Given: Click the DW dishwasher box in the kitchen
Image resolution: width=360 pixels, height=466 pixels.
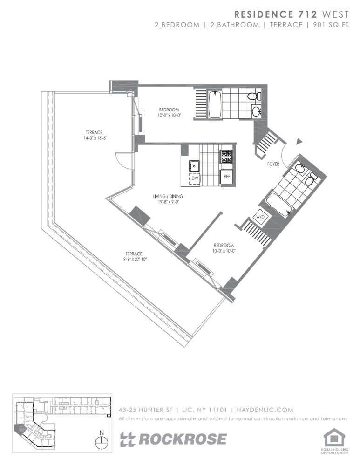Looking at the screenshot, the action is click(x=195, y=178).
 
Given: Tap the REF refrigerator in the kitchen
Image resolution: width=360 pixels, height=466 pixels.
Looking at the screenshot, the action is click(x=227, y=177).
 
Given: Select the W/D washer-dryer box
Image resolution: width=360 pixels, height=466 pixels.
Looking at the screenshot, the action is click(x=260, y=217).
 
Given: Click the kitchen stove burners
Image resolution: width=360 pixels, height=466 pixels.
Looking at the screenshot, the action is click(x=226, y=157).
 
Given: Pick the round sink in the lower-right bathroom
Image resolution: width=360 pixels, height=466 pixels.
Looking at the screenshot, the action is click(x=299, y=170).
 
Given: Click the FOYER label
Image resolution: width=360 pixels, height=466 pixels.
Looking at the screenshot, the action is click(x=273, y=164).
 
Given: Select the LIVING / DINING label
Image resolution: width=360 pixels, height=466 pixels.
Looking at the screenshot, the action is click(x=168, y=197).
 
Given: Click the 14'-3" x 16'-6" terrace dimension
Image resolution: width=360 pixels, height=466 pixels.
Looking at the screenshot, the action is click(x=95, y=138).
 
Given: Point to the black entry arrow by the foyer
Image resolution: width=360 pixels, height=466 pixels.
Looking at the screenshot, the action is click(x=299, y=142).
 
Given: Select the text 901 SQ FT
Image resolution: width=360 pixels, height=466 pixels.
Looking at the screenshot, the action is click(x=330, y=25).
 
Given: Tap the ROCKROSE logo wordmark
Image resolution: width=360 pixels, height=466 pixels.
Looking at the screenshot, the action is click(x=174, y=439).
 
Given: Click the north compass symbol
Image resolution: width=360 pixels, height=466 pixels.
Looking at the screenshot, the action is click(x=101, y=441).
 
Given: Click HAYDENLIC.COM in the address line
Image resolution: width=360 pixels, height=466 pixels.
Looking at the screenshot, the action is click(x=265, y=410).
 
